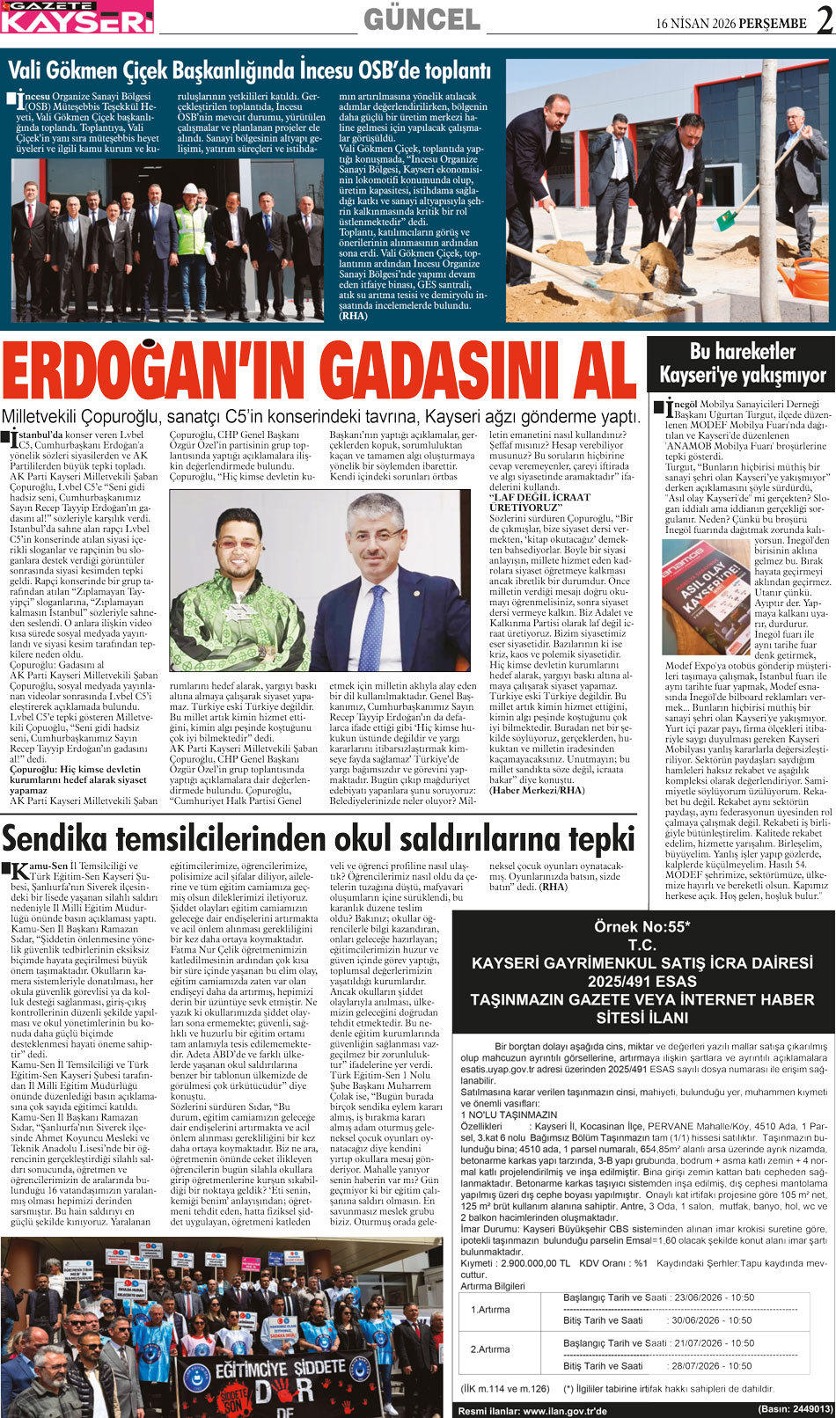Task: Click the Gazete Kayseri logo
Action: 77,17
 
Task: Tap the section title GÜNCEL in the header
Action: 422,18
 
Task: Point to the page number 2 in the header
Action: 825,20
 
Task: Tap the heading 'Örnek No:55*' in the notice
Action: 642,926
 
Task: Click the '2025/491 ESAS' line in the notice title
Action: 642,981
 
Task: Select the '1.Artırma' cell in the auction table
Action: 490,1309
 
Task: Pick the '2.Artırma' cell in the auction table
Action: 490,1349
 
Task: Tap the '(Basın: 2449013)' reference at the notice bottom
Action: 795,1409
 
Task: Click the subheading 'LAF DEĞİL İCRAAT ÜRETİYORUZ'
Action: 539,502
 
